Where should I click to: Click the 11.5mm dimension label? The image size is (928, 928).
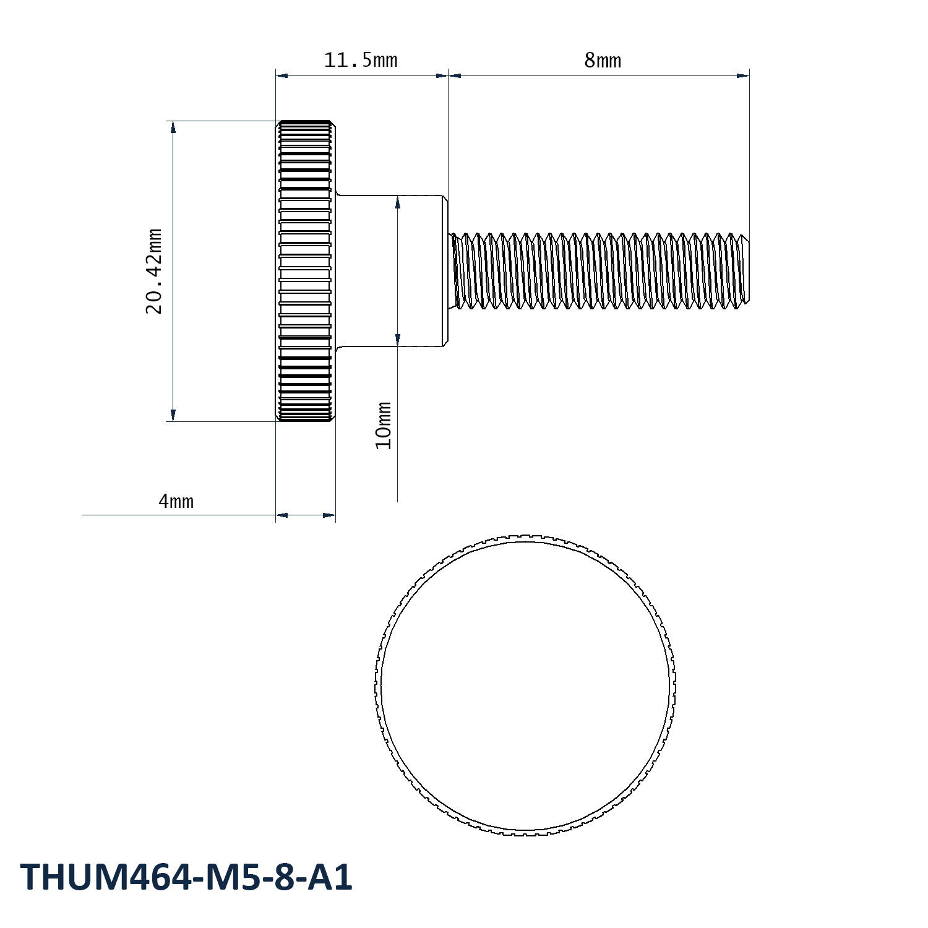[x=361, y=60]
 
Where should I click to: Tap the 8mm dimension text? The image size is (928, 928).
[x=602, y=60]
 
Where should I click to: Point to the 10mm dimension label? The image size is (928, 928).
[x=384, y=426]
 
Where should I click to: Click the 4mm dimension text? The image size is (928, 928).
[x=176, y=501]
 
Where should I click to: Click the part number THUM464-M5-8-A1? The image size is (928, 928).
[x=187, y=877]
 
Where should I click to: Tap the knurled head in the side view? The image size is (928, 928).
[x=306, y=271]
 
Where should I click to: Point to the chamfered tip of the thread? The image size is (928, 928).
[x=745, y=270]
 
